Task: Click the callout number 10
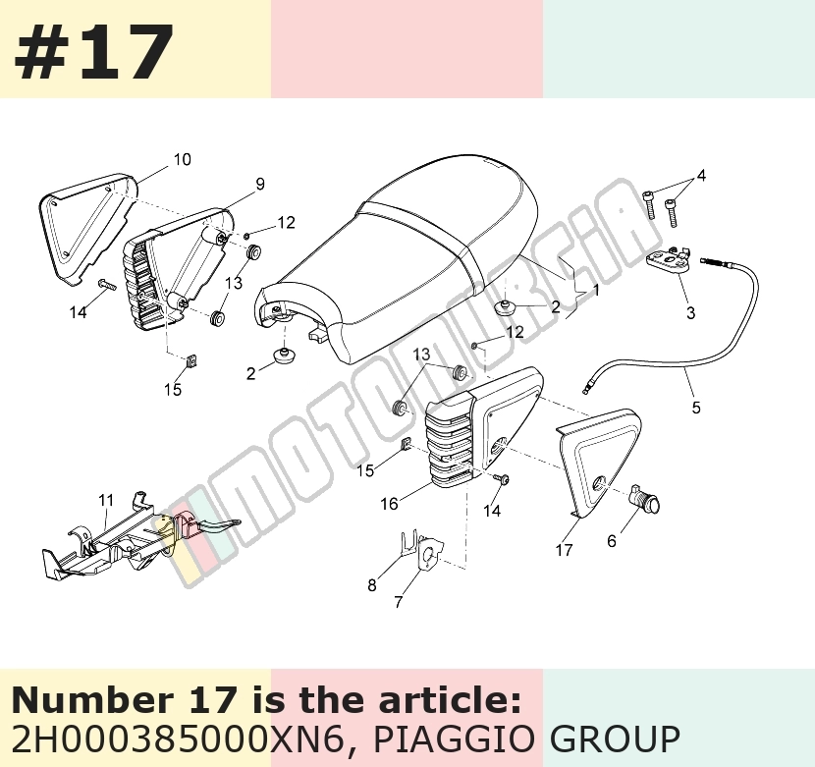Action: click(x=182, y=160)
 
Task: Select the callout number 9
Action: click(x=260, y=184)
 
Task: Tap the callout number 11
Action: click(x=106, y=500)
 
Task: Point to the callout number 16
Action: click(x=389, y=504)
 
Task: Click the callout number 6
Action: click(x=612, y=541)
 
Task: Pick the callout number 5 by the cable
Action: click(x=696, y=408)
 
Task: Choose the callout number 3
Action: click(x=690, y=313)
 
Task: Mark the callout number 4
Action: click(x=701, y=176)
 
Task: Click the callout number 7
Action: click(x=398, y=602)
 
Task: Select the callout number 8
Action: click(x=371, y=585)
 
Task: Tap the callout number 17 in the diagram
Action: click(x=564, y=550)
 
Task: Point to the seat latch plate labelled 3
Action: click(x=668, y=258)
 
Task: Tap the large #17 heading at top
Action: click(x=94, y=51)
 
